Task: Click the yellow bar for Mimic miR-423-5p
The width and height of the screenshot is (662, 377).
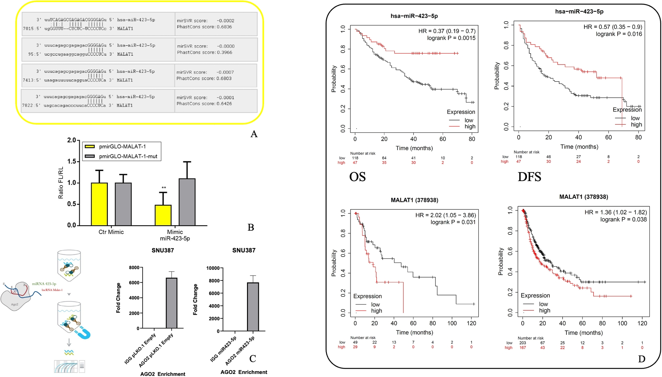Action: coord(163,215)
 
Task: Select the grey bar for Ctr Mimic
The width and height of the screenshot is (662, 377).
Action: coord(123,204)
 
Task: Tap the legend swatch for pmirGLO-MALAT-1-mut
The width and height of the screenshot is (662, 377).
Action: coord(89,156)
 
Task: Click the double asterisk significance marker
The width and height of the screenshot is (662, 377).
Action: coord(164,188)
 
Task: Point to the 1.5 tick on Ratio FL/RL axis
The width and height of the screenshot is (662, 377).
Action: coord(71,161)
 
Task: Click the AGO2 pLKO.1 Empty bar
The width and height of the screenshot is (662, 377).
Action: coord(171,303)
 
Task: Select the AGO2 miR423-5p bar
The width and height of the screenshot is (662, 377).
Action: coord(253,307)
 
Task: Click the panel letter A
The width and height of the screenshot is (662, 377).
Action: coord(254,134)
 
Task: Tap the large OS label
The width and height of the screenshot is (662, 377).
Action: coord(357,177)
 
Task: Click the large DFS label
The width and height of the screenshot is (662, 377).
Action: coord(529,177)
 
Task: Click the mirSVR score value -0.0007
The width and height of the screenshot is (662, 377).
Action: coord(225,72)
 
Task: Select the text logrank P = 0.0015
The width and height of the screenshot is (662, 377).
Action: coord(451,38)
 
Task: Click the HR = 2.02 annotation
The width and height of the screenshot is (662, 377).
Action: coord(445,215)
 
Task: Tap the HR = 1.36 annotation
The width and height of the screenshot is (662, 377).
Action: coord(615,212)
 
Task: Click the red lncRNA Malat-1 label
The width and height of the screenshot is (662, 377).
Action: coord(52,290)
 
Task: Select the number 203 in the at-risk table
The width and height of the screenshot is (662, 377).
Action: coord(523,343)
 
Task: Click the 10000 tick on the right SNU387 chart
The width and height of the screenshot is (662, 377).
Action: coord(213,268)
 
